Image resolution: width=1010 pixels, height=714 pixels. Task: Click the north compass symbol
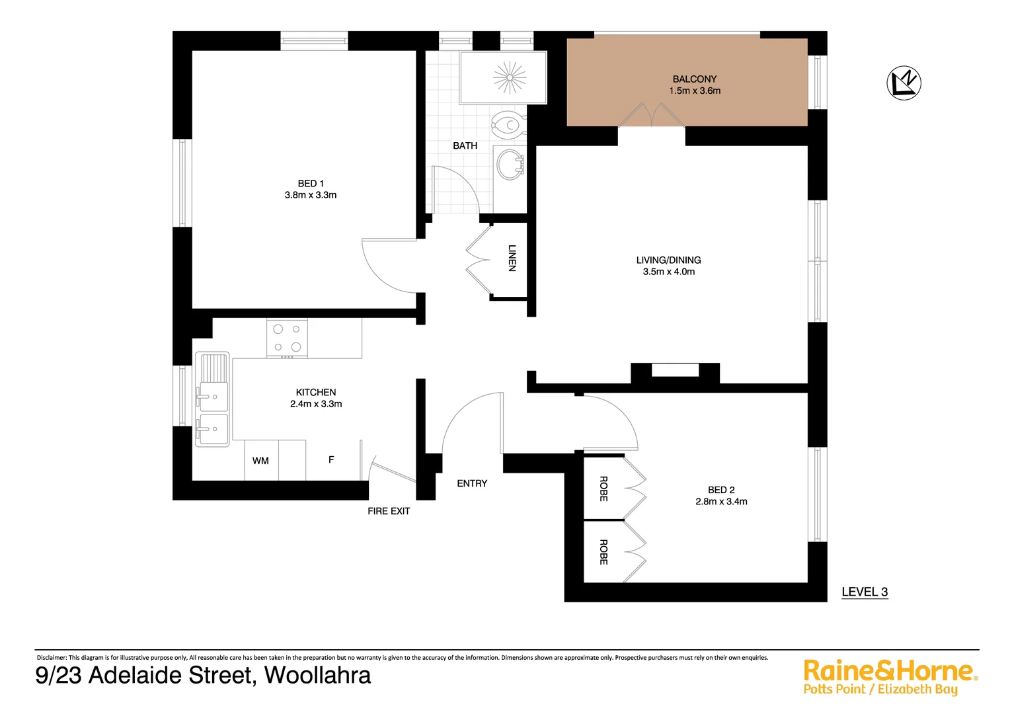(904, 83)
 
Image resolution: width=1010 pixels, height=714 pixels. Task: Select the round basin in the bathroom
(510, 164)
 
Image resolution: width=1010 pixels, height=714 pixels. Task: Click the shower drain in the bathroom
(510, 77)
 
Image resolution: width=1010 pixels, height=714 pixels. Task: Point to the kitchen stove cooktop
(287, 338)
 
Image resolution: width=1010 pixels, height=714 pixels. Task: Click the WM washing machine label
(260, 461)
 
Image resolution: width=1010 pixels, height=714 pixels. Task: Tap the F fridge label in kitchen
(331, 459)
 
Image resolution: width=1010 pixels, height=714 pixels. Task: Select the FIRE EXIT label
(389, 511)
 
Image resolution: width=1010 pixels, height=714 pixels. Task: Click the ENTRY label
(472, 483)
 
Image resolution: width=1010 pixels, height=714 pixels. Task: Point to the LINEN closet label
(512, 258)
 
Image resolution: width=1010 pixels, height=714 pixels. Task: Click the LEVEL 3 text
(864, 592)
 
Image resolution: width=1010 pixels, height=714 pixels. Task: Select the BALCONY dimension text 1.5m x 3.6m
(695, 91)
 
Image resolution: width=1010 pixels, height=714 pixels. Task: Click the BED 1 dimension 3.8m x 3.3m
(311, 195)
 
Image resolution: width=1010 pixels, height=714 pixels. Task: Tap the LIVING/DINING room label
(668, 260)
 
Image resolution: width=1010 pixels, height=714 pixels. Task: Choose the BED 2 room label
(721, 490)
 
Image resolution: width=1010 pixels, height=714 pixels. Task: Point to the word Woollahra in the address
(317, 675)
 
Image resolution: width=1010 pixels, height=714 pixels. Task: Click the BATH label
(465, 145)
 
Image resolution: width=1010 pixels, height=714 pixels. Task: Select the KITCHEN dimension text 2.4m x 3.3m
(316, 404)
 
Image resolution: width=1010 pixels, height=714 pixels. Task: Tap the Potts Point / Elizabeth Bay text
(880, 690)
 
